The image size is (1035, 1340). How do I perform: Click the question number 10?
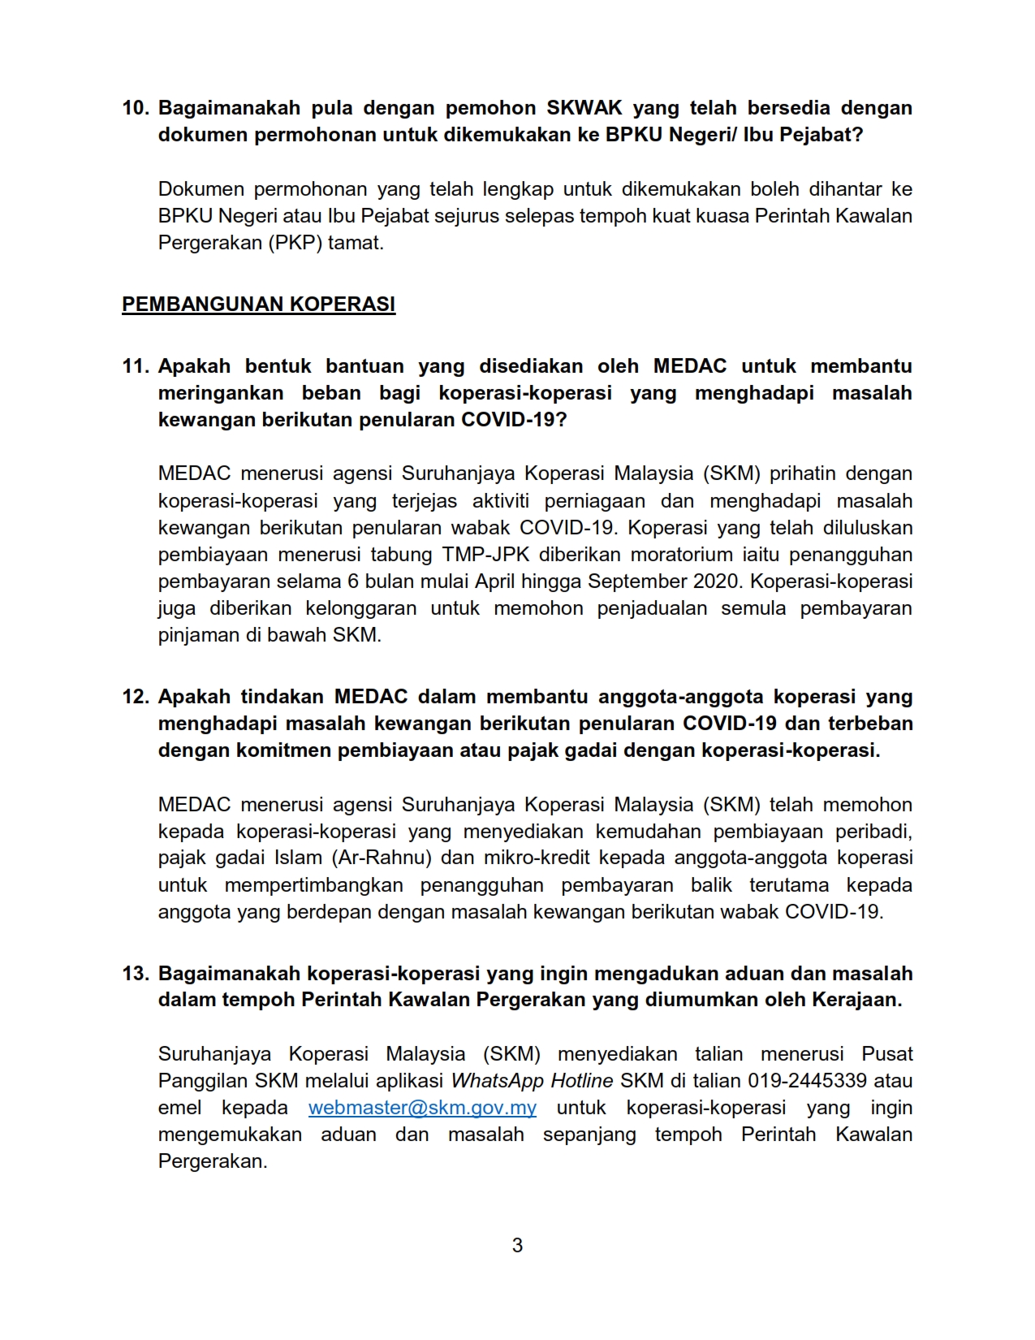pos(135,108)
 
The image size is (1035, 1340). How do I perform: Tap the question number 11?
pos(135,366)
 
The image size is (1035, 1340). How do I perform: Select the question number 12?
pos(135,697)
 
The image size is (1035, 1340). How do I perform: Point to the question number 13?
pos(135,973)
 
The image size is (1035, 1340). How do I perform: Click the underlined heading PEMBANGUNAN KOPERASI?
pos(258,305)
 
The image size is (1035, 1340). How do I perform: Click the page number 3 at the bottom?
pos(517,1245)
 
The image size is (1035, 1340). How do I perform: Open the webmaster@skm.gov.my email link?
pos(422,1108)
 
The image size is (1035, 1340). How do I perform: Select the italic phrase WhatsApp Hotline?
pos(532,1081)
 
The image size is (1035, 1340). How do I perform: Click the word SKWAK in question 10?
pos(584,108)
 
